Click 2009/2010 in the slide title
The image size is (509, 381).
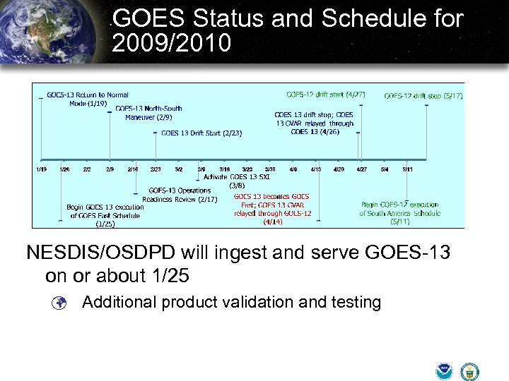[172, 44]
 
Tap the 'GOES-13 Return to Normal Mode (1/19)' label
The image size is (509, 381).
[87, 99]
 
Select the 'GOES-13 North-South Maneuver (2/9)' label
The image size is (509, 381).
[148, 112]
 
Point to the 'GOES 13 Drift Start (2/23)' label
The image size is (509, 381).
[201, 133]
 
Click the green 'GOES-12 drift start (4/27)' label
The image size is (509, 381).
[325, 95]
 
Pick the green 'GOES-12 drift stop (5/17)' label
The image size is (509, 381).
[423, 96]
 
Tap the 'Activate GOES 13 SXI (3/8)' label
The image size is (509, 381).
[236, 181]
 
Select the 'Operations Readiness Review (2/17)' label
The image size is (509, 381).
[180, 195]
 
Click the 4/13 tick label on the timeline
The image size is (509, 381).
[316, 169]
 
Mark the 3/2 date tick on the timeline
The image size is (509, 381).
[178, 169]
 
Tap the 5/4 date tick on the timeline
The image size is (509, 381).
[385, 169]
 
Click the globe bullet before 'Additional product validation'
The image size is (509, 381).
[61, 303]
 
